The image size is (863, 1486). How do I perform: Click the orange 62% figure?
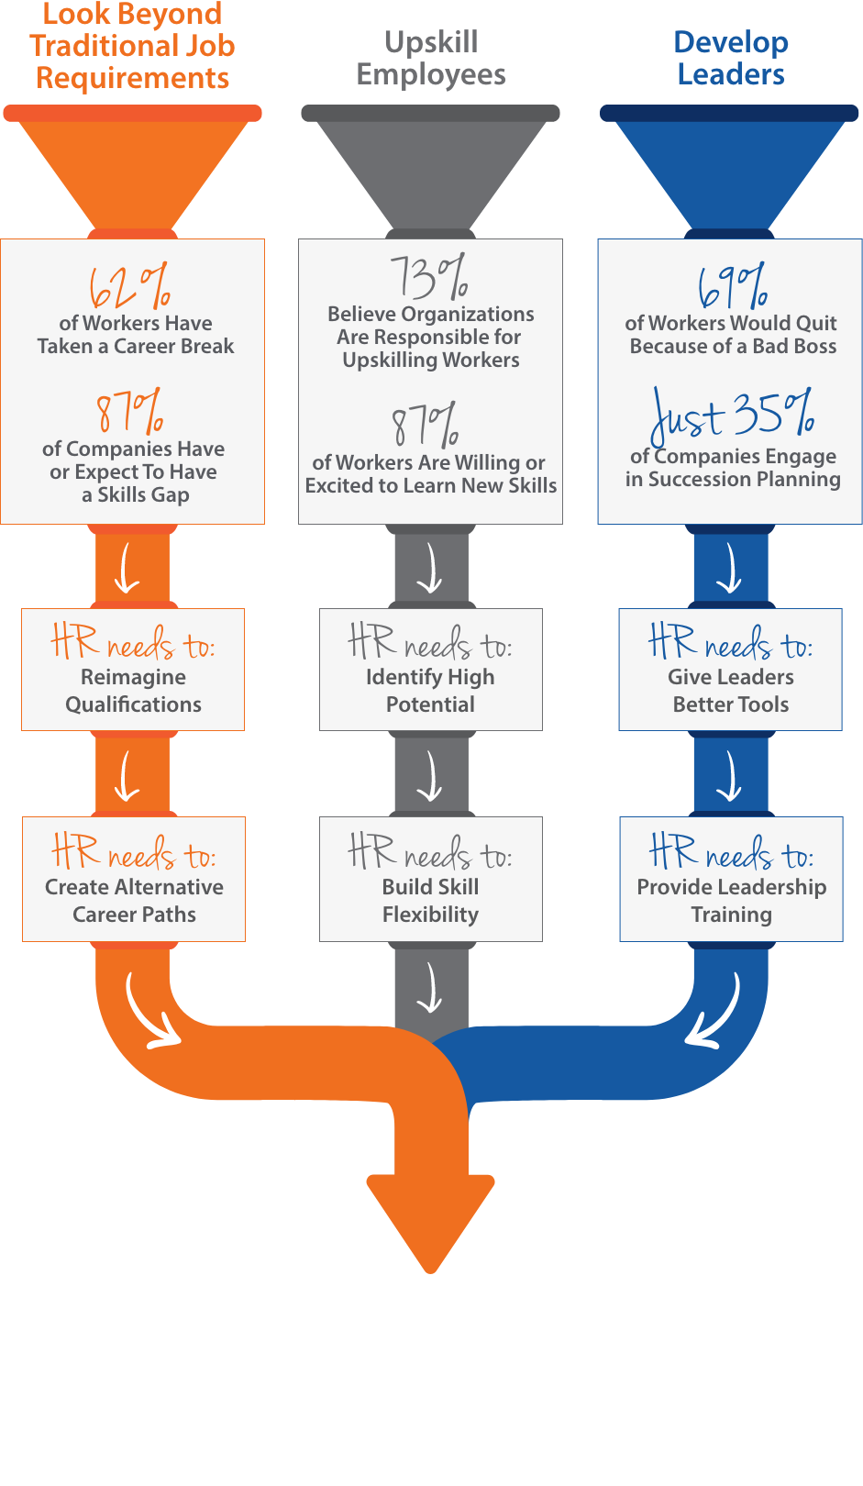pos(129,287)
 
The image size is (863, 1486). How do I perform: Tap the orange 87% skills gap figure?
pos(129,412)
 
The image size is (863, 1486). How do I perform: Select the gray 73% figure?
pos(429,277)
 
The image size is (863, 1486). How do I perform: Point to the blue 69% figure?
pos(732,287)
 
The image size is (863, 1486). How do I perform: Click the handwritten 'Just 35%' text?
pos(732,415)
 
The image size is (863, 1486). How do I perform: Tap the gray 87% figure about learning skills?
pos(426,426)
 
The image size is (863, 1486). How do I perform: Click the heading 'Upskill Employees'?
pos(431,58)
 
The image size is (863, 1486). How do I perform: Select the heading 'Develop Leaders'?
pos(731,58)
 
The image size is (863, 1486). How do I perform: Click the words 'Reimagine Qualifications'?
pos(133,691)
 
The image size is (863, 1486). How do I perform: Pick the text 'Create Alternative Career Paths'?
pos(134,901)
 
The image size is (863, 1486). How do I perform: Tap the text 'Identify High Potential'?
pos(430,691)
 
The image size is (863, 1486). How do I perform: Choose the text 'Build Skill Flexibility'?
pos(430,901)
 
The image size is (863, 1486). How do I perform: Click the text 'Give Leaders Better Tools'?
pos(731,691)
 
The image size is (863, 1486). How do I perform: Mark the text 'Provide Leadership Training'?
pos(732,901)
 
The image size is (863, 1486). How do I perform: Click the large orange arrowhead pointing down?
pos(430,1220)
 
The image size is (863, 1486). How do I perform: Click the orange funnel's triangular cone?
pos(133,170)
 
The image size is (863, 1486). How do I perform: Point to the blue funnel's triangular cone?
pos(730,170)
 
